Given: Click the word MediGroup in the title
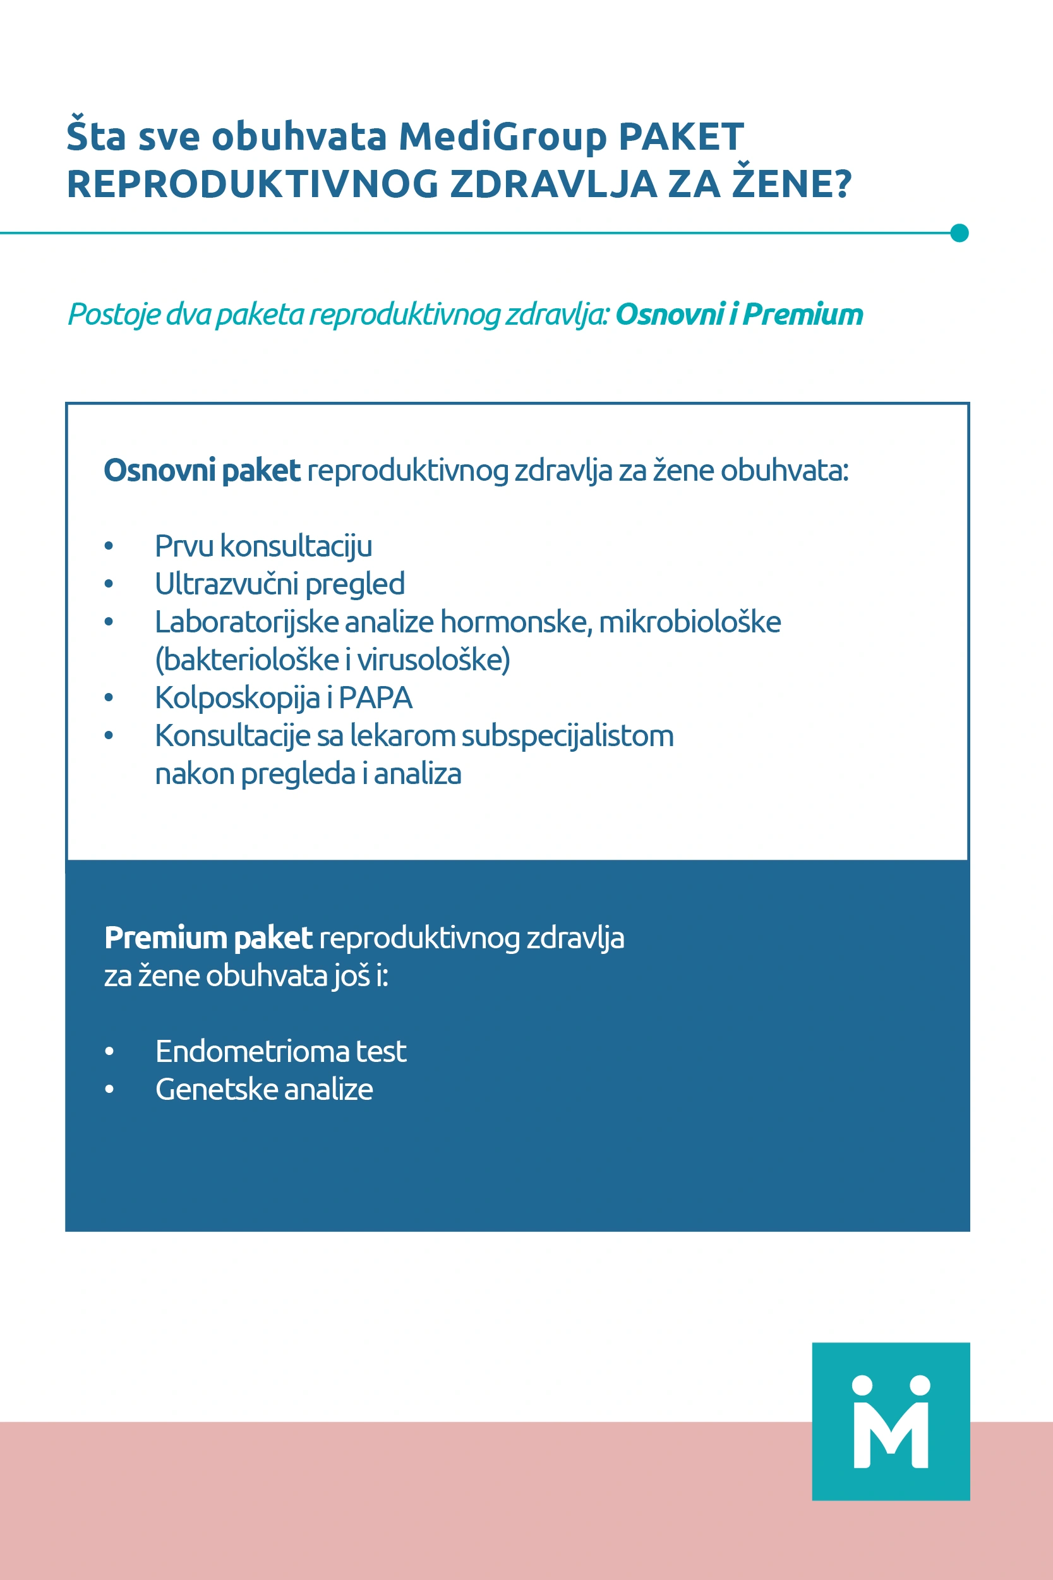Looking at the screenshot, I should point(503,137).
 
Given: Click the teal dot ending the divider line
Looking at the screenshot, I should point(960,233).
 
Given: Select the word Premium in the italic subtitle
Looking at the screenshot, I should point(803,314).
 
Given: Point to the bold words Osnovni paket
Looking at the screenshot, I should point(202,470).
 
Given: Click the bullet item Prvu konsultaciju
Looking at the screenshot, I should point(263,546).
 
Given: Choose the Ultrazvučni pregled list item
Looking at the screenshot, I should point(279,584).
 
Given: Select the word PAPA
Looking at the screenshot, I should point(375,697).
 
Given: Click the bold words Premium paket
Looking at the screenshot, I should point(208,938).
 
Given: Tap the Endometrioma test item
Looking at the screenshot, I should point(280,1051).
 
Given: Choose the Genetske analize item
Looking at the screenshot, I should point(264,1089).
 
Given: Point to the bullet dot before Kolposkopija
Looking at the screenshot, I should point(109,697).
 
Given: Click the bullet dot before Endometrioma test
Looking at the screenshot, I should point(109,1051).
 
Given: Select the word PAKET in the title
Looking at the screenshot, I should point(681,137).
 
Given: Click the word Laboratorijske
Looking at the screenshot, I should point(248,622).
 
